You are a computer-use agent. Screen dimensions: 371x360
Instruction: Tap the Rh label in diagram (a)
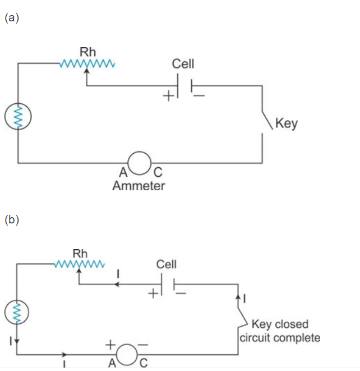(x=87, y=52)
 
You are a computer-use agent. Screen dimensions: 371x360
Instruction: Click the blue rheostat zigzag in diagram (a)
(x=87, y=63)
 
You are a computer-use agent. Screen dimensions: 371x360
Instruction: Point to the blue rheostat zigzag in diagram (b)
(x=79, y=264)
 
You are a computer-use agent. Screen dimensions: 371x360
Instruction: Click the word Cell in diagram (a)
(x=183, y=63)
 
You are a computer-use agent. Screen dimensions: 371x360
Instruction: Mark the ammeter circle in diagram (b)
(x=127, y=354)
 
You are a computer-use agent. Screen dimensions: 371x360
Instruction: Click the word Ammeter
(x=139, y=186)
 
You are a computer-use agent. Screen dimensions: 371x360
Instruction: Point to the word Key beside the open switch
(x=287, y=123)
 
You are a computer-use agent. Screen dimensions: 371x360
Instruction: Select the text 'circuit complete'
(x=280, y=337)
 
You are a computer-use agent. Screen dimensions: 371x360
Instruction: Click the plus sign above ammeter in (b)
(x=110, y=343)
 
